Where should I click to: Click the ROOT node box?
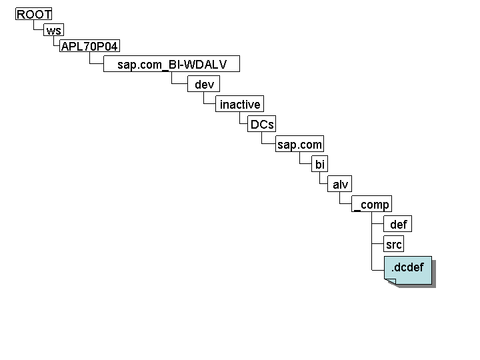click(34, 15)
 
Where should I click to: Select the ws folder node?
click(53, 31)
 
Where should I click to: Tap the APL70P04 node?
click(90, 46)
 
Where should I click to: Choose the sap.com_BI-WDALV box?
click(171, 65)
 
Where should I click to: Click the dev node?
click(204, 85)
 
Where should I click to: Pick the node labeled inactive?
click(240, 105)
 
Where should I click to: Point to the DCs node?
click(262, 125)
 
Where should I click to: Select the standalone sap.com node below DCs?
click(299, 145)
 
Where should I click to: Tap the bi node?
click(320, 165)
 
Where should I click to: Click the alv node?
click(341, 185)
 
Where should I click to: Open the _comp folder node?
click(371, 205)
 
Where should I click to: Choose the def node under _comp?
click(398, 225)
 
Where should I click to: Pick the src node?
click(393, 245)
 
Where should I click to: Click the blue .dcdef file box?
click(408, 269)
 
